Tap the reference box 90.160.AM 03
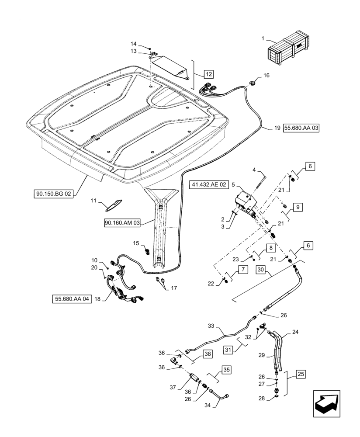pyautogui.click(x=122, y=223)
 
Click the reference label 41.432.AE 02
pyautogui.click(x=209, y=185)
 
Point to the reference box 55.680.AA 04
pyautogui.click(x=72, y=299)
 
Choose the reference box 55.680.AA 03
pyautogui.click(x=301, y=128)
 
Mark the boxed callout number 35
pyautogui.click(x=226, y=370)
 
